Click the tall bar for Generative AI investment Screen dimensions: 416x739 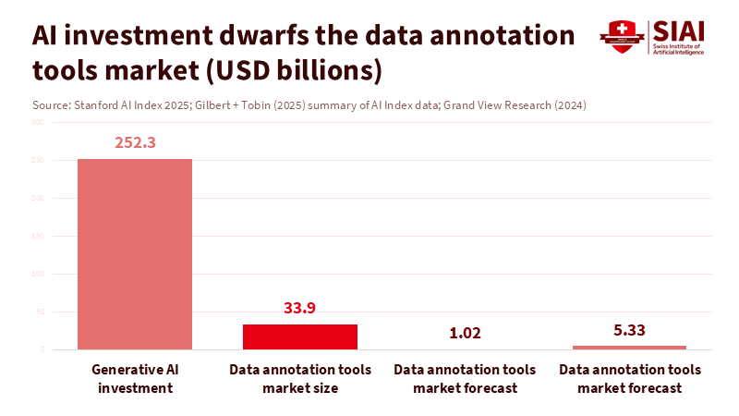pyautogui.click(x=135, y=254)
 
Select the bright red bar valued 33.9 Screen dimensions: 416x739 pyautogui.click(x=300, y=336)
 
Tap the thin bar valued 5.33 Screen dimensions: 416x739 pyautogui.click(x=630, y=348)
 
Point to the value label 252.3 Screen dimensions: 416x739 pyautogui.click(x=135, y=142)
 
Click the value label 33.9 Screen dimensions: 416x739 pyautogui.click(x=300, y=308)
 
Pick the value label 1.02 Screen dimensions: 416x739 pyautogui.click(x=465, y=333)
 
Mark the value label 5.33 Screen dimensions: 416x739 pyautogui.click(x=630, y=328)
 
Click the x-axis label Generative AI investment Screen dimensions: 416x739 pyautogui.click(x=135, y=379)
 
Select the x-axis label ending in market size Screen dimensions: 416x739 pyautogui.click(x=300, y=379)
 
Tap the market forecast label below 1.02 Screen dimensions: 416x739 pyautogui.click(x=465, y=379)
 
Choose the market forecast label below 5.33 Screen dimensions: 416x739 pyautogui.click(x=630, y=379)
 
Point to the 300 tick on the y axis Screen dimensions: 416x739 pyautogui.click(x=37, y=122)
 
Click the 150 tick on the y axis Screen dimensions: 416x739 pyautogui.click(x=37, y=236)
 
